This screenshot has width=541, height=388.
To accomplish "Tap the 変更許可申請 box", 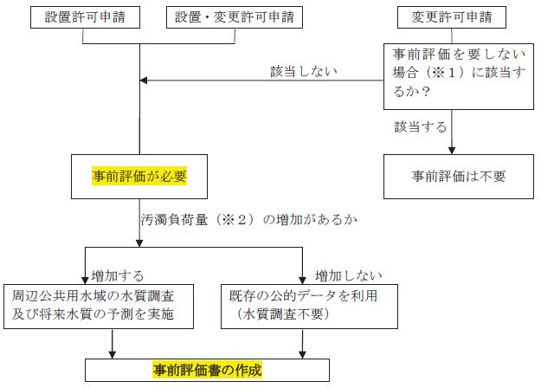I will click(450, 17).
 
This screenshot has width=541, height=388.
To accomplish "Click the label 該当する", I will click(421, 126).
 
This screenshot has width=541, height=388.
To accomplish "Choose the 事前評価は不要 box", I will click(458, 176).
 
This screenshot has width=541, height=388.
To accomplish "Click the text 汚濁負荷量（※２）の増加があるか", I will click(235, 220).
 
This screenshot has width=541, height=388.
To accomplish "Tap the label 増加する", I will click(119, 275).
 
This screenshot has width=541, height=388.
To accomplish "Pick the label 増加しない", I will click(349, 275).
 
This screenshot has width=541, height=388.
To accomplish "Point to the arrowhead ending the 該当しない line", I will click(145, 81).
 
